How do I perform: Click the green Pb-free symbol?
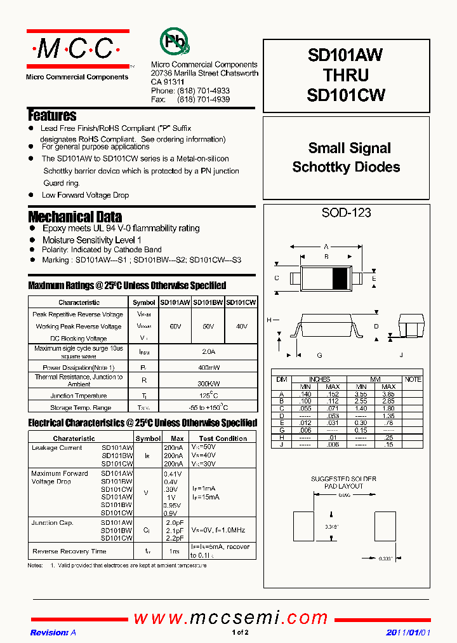(x=173, y=42)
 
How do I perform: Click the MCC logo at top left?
(x=77, y=48)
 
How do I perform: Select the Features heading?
(x=52, y=116)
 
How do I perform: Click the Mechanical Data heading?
(x=75, y=217)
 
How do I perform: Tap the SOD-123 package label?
(x=346, y=213)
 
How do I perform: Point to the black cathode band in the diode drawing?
(x=341, y=278)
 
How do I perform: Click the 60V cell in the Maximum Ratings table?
(x=175, y=326)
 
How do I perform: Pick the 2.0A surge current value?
(x=208, y=351)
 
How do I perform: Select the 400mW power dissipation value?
(x=208, y=368)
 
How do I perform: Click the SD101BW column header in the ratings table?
(x=208, y=302)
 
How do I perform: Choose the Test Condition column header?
(x=223, y=438)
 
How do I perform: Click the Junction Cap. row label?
(x=53, y=522)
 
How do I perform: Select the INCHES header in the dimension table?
(x=319, y=379)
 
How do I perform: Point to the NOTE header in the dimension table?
(x=413, y=379)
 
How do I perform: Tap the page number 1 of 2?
(x=240, y=633)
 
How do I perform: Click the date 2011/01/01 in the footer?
(x=408, y=633)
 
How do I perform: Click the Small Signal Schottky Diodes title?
(x=346, y=158)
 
